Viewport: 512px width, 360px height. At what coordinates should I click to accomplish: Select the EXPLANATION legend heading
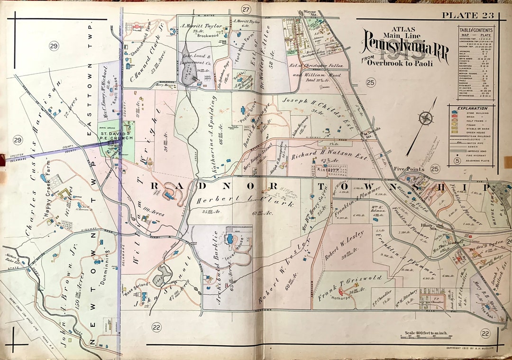point(473,108)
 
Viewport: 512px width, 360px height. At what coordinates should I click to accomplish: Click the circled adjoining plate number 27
point(245,9)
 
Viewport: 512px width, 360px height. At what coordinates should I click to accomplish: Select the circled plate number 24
point(509,242)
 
